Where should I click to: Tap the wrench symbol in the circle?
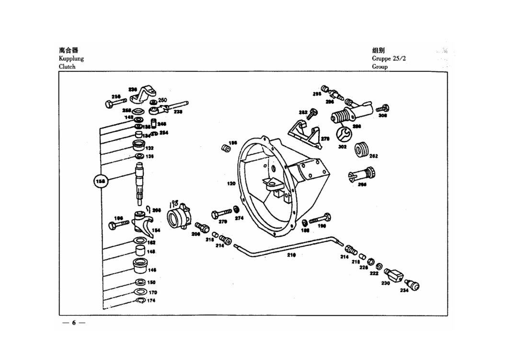pos(344,132)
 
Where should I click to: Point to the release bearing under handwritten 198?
pos(178,218)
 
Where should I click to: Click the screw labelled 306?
pos(382,108)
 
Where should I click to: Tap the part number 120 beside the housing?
pos(231,184)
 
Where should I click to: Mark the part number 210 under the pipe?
pos(291,255)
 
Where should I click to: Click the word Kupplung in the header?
pos(71,58)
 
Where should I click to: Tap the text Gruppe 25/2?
pos(389,58)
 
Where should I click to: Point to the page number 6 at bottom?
pos(74,323)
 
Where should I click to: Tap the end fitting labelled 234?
pos(413,285)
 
